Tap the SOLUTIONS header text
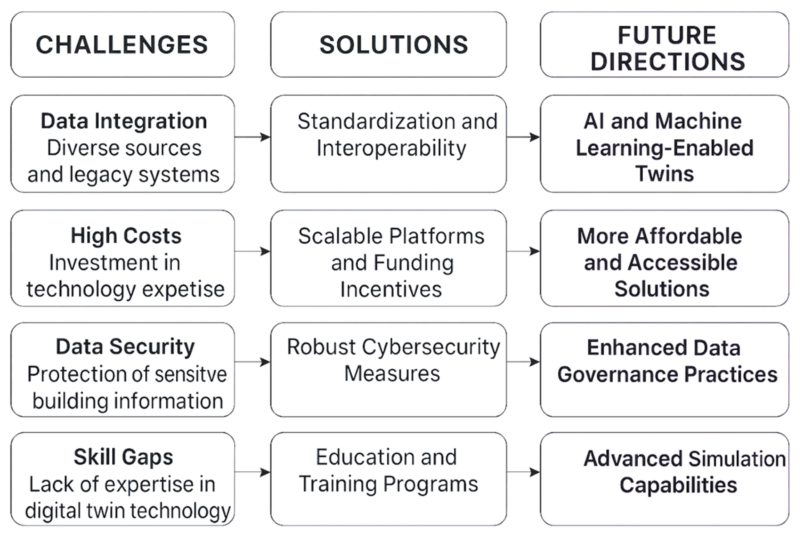(x=394, y=45)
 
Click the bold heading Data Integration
(x=124, y=121)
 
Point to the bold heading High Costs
(x=126, y=236)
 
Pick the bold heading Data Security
(x=125, y=347)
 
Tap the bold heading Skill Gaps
(x=123, y=457)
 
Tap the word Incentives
(x=391, y=289)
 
